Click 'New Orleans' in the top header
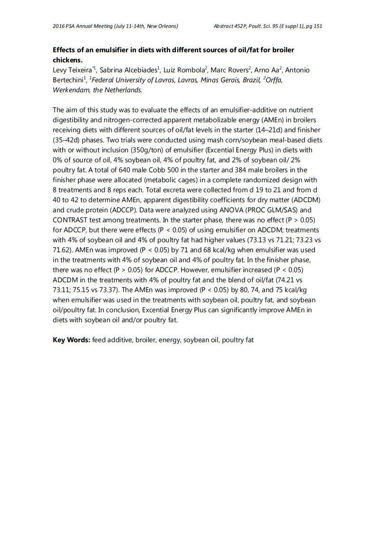click(x=162, y=26)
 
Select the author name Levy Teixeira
click(x=73, y=70)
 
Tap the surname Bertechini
click(x=68, y=80)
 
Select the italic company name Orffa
click(x=274, y=80)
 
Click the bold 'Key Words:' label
click(x=71, y=340)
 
